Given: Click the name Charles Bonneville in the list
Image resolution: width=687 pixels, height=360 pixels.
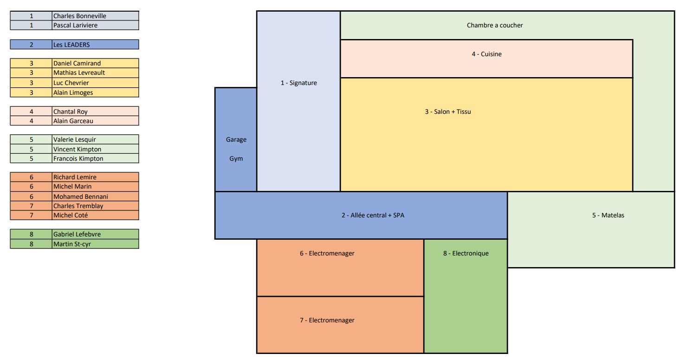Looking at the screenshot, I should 79,16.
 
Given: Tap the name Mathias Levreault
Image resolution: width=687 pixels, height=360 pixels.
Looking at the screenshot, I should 79,73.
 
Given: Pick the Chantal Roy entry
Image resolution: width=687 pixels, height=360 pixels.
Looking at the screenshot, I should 70,111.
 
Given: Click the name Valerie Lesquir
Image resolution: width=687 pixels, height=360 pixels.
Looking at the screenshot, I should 74,139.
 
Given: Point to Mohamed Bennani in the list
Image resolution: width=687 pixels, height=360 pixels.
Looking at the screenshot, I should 80,196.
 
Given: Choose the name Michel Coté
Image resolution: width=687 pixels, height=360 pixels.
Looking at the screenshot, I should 71,216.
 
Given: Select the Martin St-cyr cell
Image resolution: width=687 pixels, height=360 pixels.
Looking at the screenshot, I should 72,244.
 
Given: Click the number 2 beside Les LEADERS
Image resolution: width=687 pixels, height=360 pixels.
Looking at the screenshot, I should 31,45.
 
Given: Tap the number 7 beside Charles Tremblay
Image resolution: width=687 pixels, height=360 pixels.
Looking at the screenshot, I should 31,206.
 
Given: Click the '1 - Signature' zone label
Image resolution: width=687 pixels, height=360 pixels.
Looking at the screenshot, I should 298,83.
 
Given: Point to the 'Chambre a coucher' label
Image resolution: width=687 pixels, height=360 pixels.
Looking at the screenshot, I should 494,26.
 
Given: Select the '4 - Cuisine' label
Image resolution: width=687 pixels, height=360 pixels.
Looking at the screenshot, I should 486,54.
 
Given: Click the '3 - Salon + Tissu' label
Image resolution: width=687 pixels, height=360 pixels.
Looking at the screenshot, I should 447,111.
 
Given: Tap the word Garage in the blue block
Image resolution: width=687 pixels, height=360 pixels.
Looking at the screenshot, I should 236,140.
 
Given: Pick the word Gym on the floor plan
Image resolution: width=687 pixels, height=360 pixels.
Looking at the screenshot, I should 236,159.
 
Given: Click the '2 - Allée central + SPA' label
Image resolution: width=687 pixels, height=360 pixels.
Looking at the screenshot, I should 372,216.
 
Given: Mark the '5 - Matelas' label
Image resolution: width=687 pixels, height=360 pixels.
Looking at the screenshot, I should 608,216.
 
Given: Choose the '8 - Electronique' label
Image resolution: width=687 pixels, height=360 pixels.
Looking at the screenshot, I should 466,254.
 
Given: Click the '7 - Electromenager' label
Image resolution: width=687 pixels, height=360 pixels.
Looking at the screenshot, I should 327,320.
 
